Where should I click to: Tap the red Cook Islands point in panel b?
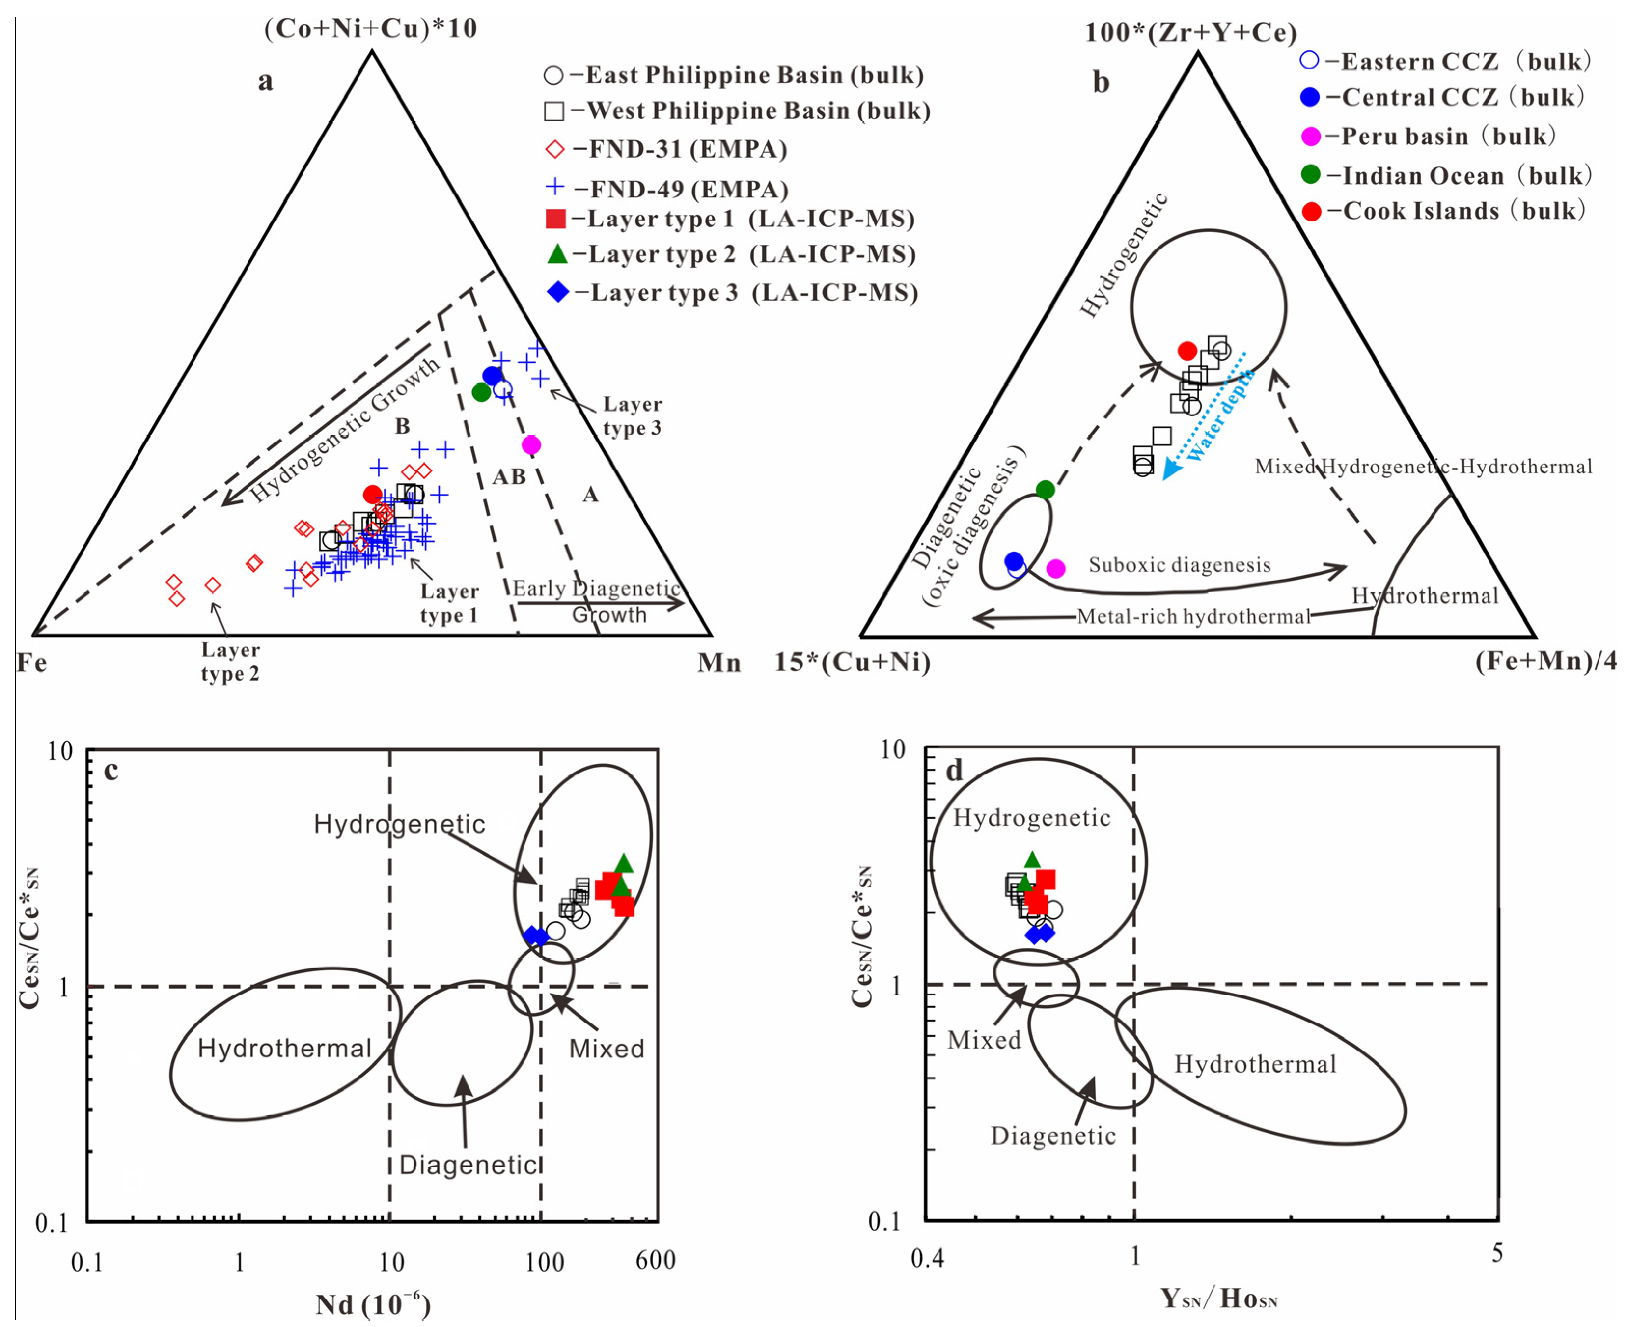tap(1187, 351)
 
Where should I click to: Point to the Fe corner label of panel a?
tap(32, 662)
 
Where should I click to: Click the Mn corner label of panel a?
tap(718, 663)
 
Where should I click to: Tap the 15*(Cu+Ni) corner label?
tap(852, 661)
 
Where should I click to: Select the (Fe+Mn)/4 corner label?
tap(1545, 661)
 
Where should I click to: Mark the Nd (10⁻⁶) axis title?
tap(373, 1304)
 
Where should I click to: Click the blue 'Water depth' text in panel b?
tap(1220, 415)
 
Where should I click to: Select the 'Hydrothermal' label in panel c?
tap(284, 1048)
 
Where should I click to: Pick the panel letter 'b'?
tap(1101, 82)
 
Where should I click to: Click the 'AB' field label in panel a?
tap(509, 477)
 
